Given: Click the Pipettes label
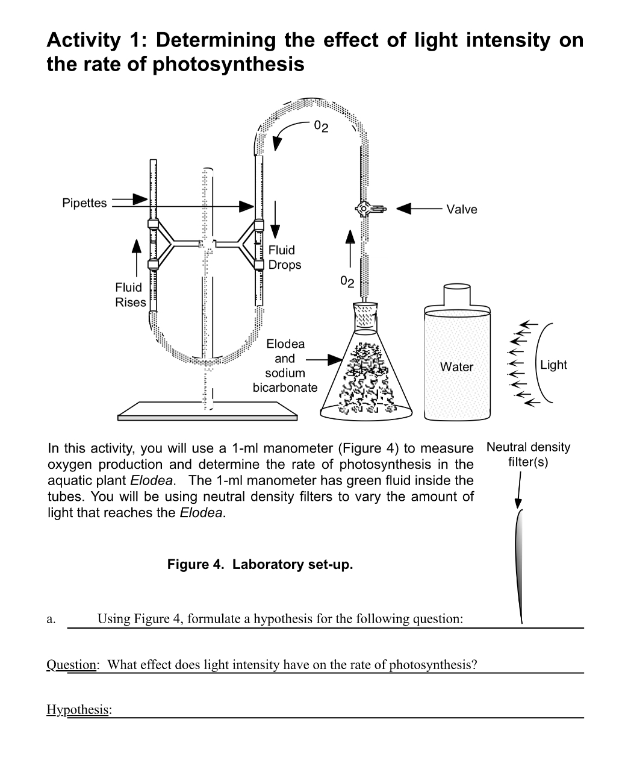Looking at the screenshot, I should pos(84,203).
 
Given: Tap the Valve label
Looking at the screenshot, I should pos(462,209).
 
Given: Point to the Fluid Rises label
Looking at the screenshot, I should pos(131,295).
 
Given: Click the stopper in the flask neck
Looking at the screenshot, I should pos(365,315).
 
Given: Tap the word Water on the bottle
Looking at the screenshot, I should pos(456,367).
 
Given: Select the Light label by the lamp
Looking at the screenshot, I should pos(553,365).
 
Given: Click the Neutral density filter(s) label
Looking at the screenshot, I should pos(528,454).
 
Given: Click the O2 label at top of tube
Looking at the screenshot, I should pos(322,127).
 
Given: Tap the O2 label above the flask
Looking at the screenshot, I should pos(347,281).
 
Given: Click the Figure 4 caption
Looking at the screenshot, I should pos(260,565).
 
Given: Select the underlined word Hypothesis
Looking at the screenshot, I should pos(77,709).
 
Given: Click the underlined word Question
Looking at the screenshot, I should pos(71,665).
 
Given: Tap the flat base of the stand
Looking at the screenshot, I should pos(207,412).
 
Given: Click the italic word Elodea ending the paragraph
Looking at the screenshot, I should pos(202,513).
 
